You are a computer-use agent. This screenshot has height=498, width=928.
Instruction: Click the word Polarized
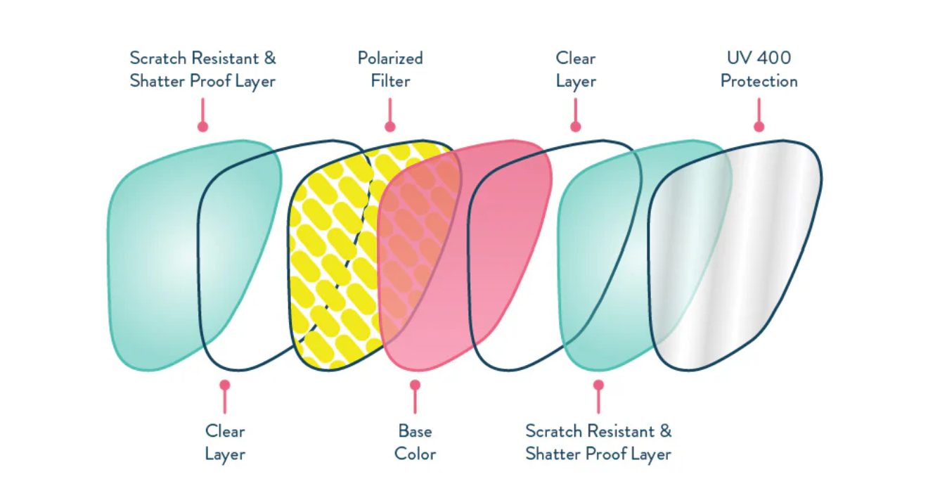tap(390, 58)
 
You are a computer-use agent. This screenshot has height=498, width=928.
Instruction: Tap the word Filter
tap(390, 81)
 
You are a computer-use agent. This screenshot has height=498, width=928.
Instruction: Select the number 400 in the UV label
tap(776, 58)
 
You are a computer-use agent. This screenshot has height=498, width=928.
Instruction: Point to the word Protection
tap(759, 81)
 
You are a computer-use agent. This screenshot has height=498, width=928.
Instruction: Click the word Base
tap(415, 430)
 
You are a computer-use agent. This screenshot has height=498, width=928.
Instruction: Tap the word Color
tap(415, 454)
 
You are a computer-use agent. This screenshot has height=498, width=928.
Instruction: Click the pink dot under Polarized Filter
tap(390, 127)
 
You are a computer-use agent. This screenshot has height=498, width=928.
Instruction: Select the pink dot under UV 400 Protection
tap(759, 127)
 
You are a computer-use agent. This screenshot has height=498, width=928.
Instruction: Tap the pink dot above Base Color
tap(415, 385)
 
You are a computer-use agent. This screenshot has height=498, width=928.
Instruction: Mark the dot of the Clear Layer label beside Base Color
tap(224, 385)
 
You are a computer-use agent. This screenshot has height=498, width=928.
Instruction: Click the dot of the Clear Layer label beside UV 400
tap(576, 127)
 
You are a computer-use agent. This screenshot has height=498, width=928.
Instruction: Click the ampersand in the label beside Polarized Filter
tap(269, 58)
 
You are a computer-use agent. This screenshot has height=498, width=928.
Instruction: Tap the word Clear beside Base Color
tap(225, 430)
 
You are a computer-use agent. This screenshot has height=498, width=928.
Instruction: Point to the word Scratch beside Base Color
tap(553, 430)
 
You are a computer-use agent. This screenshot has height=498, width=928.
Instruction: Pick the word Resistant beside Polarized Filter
tap(222, 58)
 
